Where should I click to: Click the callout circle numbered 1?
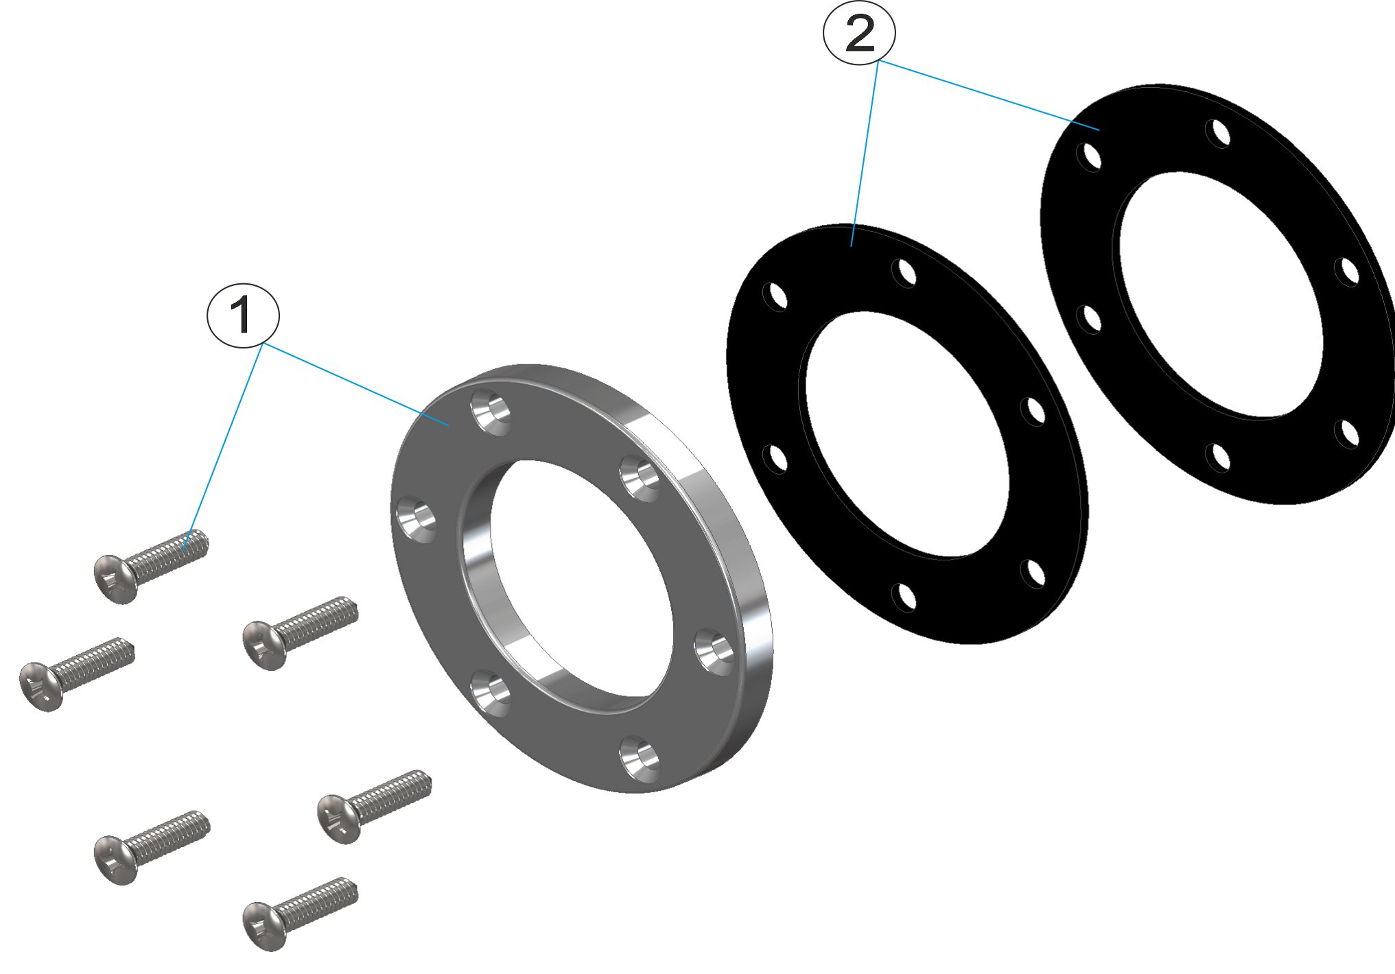[x=243, y=315]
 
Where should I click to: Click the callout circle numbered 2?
[x=859, y=33]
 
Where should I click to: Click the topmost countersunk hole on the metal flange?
[x=491, y=412]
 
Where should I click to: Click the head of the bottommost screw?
[x=263, y=926]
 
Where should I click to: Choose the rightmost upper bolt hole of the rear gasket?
[x=1348, y=272]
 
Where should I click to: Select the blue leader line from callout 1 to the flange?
[x=357, y=385]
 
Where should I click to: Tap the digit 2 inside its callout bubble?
[x=859, y=33]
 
